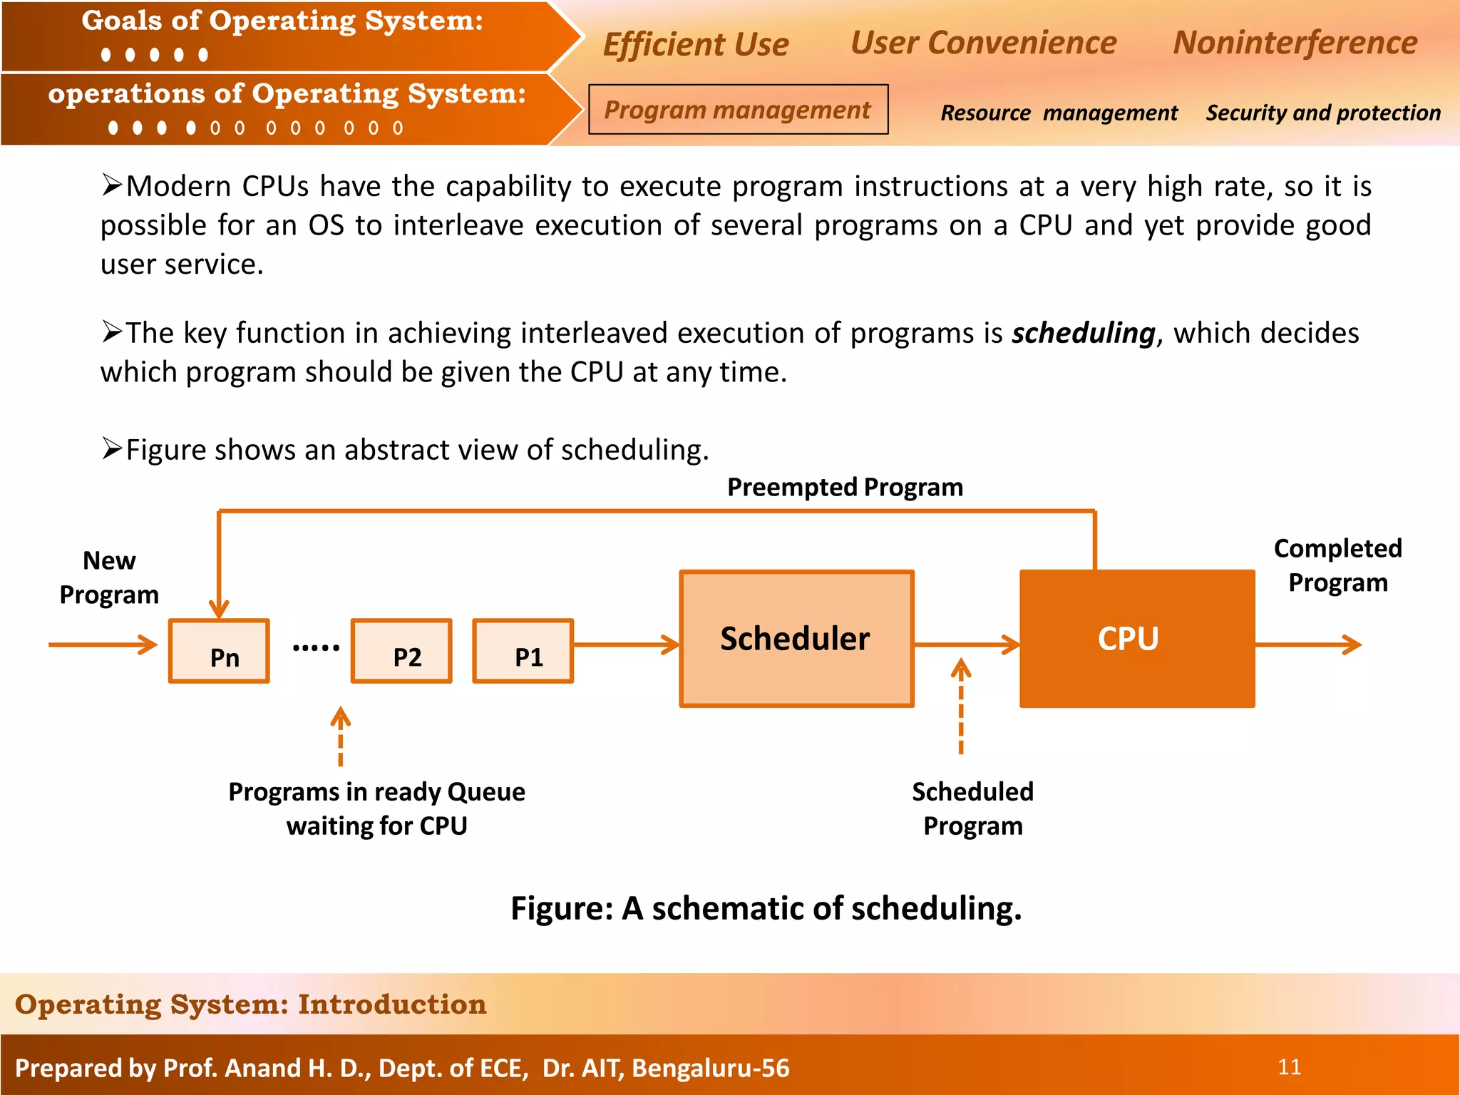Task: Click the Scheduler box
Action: point(796,639)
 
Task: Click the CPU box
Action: point(1136,639)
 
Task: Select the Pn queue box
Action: point(219,651)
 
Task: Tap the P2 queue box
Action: point(401,651)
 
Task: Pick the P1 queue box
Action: point(523,651)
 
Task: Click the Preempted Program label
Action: point(845,488)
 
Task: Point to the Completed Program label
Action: point(1337,565)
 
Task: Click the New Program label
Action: point(109,577)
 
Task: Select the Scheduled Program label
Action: point(972,808)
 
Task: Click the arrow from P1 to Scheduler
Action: point(626,644)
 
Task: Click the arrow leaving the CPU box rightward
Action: point(1307,644)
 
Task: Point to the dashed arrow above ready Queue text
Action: point(341,736)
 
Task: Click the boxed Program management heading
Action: point(738,110)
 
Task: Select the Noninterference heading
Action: point(1295,43)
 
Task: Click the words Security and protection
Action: point(1323,113)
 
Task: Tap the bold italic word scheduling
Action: point(1083,333)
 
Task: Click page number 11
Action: point(1289,1066)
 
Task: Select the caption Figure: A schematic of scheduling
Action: point(766,908)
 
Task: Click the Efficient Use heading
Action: point(696,44)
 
